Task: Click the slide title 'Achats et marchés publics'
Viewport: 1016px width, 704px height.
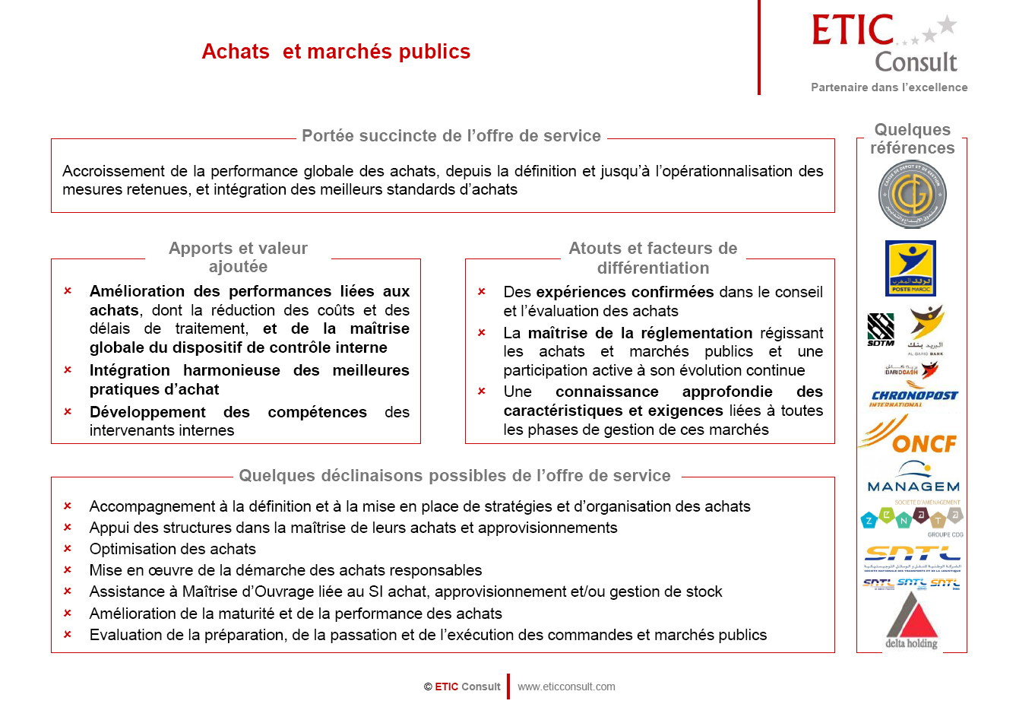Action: pos(336,52)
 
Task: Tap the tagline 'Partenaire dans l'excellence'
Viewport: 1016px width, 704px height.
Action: pos(889,87)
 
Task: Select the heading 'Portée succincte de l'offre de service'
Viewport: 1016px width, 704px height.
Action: pos(451,136)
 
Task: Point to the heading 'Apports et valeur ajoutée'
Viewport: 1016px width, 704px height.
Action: pos(238,257)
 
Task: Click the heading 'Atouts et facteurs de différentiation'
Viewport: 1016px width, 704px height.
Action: pos(653,258)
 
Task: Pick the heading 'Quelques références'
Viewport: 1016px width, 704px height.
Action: pos(912,138)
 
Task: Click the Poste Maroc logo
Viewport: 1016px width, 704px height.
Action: pos(910,268)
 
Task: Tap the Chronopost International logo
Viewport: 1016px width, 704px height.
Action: pos(913,397)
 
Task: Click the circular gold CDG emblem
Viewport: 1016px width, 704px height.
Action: pos(912,195)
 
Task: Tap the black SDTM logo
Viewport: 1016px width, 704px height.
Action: pos(881,330)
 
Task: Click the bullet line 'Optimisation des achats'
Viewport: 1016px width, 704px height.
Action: pos(172,549)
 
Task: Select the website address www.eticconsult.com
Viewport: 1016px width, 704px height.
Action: pos(566,687)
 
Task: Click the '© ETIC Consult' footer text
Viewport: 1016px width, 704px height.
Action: pos(462,687)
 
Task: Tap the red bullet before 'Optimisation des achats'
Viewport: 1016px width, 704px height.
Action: pos(68,549)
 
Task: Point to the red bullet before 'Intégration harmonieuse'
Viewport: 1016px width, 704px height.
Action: pos(68,370)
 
